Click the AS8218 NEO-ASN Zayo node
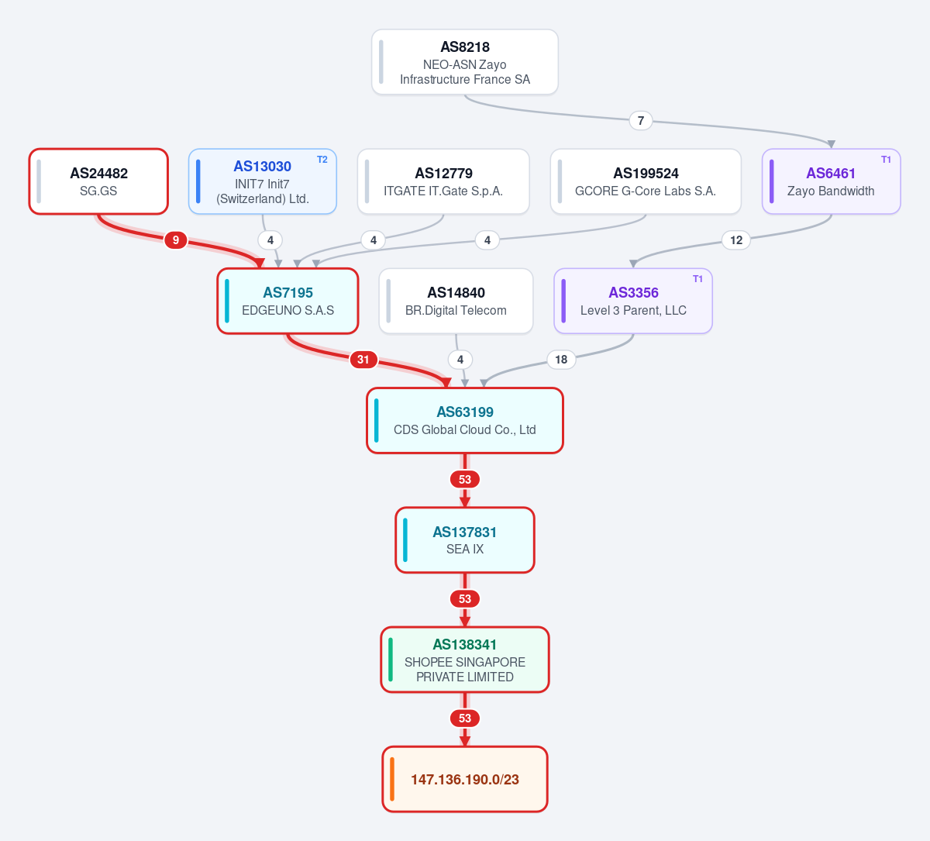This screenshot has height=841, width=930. pyautogui.click(x=464, y=62)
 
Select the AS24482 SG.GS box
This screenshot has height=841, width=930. pyautogui.click(x=98, y=181)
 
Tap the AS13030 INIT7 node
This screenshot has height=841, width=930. pyautogui.click(x=263, y=181)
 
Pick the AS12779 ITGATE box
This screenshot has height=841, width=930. pyautogui.click(x=443, y=181)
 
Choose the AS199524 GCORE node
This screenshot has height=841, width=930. pyautogui.click(x=646, y=181)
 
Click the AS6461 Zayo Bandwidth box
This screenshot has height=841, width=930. pyautogui.click(x=832, y=181)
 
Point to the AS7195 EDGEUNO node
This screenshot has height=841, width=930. pyautogui.click(x=288, y=301)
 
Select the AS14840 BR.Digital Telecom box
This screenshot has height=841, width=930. pyautogui.click(x=456, y=301)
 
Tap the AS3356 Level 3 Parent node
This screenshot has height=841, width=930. pyautogui.click(x=633, y=301)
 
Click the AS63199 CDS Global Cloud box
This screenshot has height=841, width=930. pyautogui.click(x=464, y=420)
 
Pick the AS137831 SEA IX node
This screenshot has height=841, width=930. pyautogui.click(x=464, y=540)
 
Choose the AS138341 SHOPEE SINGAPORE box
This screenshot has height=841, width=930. pyautogui.click(x=464, y=660)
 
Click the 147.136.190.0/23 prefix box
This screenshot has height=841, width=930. pyautogui.click(x=464, y=779)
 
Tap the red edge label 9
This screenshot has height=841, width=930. pyautogui.click(x=176, y=240)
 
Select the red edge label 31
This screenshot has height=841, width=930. pyautogui.click(x=363, y=360)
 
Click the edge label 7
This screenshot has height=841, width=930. pyautogui.click(x=641, y=121)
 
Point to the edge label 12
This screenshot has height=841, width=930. pyautogui.click(x=736, y=240)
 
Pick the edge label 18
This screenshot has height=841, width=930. pyautogui.click(x=561, y=360)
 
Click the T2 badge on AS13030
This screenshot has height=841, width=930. pyautogui.click(x=322, y=160)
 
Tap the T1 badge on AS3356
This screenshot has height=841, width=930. pyautogui.click(x=697, y=279)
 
